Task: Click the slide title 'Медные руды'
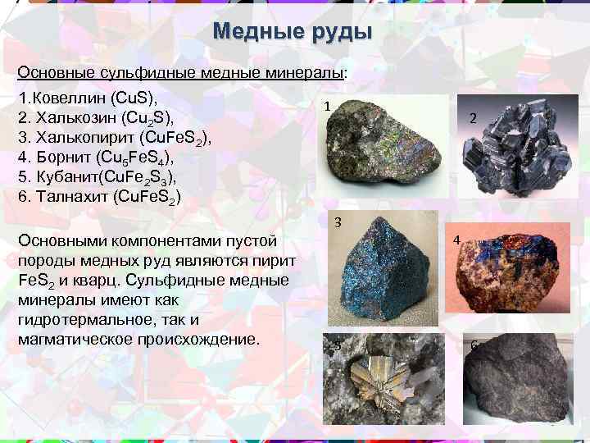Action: [292, 32]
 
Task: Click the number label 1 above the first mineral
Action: [327, 107]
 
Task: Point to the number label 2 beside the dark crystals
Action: [473, 119]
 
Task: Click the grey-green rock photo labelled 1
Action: [368, 147]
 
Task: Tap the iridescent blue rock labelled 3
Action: [380, 270]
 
